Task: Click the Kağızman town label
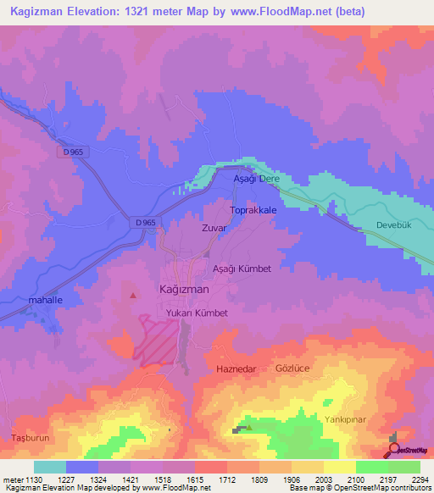pos(184,289)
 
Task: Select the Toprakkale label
pos(253,208)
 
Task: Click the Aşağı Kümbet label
pos(242,269)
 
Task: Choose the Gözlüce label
pos(295,369)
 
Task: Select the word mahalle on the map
pos(46,300)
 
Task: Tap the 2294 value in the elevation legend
pos(420,479)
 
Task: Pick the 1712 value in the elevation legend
pos(226,479)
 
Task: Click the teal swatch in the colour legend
pos(50,467)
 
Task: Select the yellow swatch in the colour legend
pos(340,467)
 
